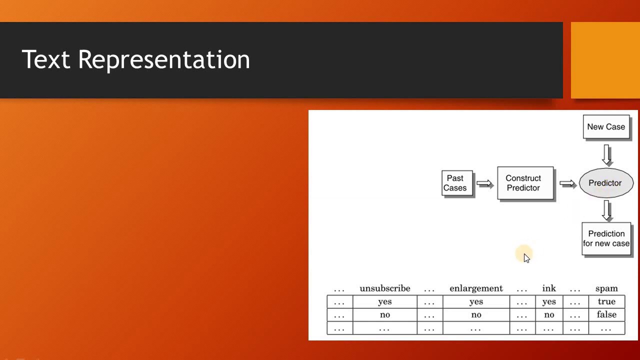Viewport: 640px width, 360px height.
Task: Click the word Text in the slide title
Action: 45,59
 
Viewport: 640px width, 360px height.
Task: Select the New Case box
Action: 606,126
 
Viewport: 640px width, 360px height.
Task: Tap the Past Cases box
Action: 456,183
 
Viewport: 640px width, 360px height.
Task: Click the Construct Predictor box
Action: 525,183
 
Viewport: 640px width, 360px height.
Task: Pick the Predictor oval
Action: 605,183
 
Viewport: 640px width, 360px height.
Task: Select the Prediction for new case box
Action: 606,238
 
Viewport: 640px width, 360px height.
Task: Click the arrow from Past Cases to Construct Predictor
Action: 484,183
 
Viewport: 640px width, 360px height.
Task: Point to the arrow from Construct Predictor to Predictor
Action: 567,183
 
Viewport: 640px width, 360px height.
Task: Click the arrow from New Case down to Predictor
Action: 607,154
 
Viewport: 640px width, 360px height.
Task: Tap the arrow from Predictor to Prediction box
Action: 607,210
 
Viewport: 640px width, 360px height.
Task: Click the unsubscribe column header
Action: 384,288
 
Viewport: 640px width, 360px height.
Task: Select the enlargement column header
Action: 476,288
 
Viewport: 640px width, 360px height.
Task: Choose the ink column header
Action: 549,288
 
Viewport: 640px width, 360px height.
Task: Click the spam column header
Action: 606,288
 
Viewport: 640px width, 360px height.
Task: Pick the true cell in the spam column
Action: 606,301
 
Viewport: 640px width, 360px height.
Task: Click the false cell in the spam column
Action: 606,314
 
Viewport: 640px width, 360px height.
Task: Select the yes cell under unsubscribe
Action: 384,301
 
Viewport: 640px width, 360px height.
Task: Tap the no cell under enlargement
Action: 476,314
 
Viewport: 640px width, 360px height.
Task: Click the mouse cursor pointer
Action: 526,257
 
